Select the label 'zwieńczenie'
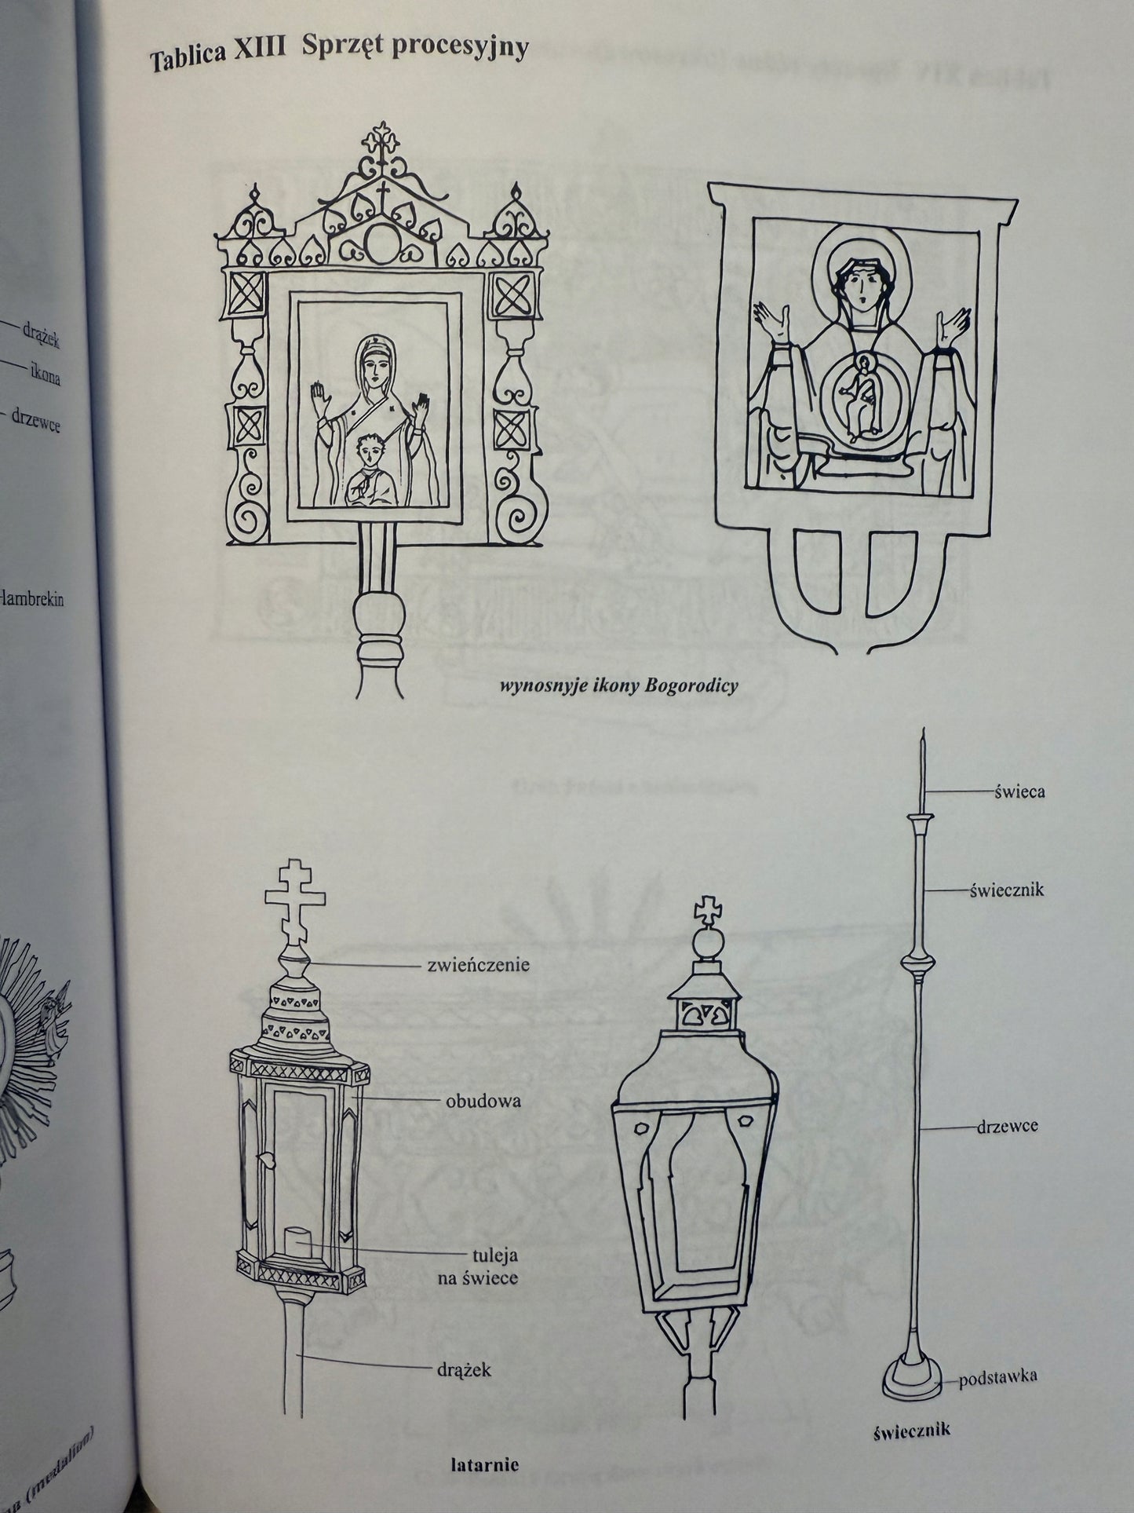479,964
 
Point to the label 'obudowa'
483,1101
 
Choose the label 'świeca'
1018,791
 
